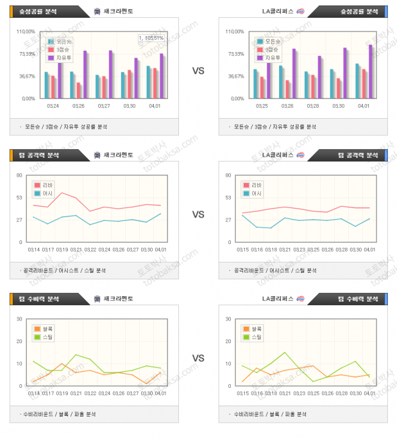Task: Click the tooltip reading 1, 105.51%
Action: [x=151, y=38]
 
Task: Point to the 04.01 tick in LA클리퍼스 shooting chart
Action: [x=363, y=106]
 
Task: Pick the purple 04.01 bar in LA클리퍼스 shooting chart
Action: [x=370, y=70]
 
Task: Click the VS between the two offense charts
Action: [x=198, y=215]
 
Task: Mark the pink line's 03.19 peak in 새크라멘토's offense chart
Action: [x=62, y=193]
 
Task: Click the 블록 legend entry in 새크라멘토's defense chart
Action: [x=46, y=329]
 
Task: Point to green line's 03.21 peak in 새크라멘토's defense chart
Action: [x=76, y=355]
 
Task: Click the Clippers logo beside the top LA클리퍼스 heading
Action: [x=300, y=12]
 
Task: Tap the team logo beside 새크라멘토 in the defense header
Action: [x=98, y=299]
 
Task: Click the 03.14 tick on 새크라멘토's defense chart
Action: [x=34, y=393]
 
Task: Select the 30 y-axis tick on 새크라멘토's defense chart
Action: [x=20, y=319]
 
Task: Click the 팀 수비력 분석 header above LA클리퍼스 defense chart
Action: [x=357, y=299]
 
